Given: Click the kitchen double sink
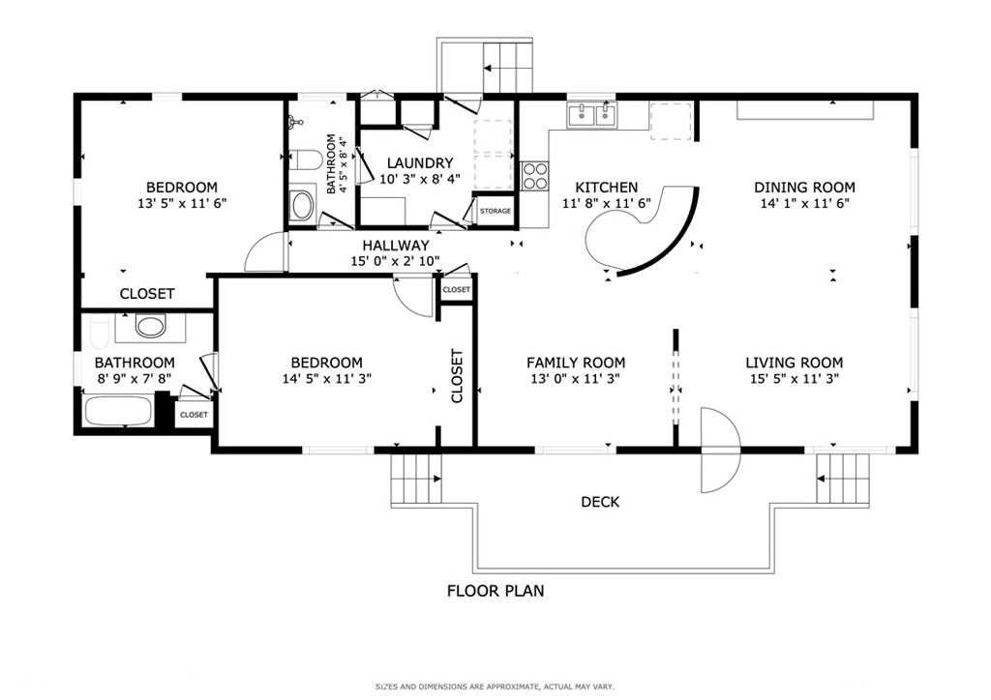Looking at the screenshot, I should [592, 116].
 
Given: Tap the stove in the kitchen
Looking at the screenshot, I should [534, 175].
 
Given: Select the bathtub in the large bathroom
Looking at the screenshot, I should [118, 412].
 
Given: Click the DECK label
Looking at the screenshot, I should [600, 502].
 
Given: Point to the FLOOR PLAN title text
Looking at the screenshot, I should [495, 591].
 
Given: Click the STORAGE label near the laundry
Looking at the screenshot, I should [495, 211].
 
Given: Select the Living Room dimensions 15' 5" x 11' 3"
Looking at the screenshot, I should [794, 379].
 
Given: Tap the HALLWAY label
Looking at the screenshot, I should [395, 246].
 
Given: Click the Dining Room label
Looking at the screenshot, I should [805, 188].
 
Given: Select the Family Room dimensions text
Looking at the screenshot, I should [575, 379].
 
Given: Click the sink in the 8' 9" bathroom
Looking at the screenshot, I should [150, 326].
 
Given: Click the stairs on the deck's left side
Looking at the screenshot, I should [416, 480].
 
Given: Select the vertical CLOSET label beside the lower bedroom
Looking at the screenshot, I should [457, 375].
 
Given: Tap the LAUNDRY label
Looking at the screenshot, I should [419, 163].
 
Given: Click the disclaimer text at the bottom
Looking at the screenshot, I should [495, 686].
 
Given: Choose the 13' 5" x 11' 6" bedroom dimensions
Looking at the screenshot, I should [182, 203].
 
